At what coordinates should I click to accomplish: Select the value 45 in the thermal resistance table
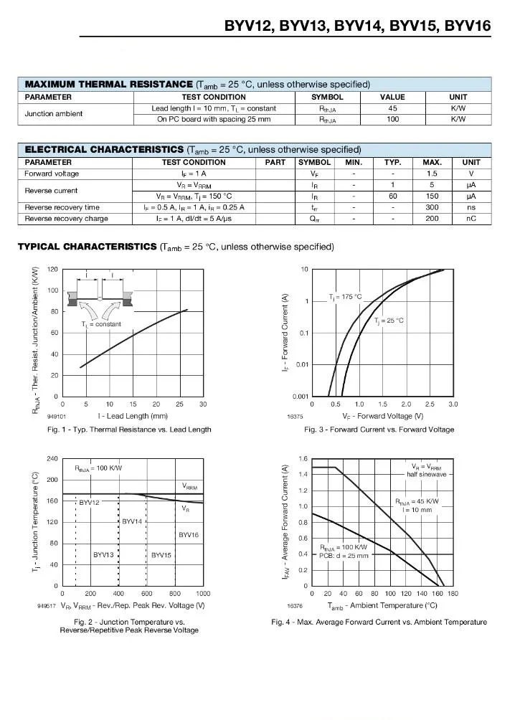tap(392, 108)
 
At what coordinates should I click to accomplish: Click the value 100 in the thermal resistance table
tap(392, 119)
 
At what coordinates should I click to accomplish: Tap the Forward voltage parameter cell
tap(52, 174)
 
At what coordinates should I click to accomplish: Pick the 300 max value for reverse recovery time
tap(431, 207)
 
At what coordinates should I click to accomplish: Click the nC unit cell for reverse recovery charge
tap(471, 219)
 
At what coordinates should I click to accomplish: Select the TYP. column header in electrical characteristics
tap(392, 162)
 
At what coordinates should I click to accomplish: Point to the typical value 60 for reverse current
tap(392, 196)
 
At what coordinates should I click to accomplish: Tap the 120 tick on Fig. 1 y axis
tap(52, 269)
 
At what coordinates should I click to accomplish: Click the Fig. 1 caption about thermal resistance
tap(129, 430)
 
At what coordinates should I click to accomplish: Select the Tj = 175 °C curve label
tap(346, 296)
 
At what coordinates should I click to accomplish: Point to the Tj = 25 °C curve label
tap(389, 321)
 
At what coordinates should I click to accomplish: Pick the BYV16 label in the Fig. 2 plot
tap(189, 535)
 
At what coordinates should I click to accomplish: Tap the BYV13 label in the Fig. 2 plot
tap(103, 555)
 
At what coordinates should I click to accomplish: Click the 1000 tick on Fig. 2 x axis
tap(202, 594)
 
